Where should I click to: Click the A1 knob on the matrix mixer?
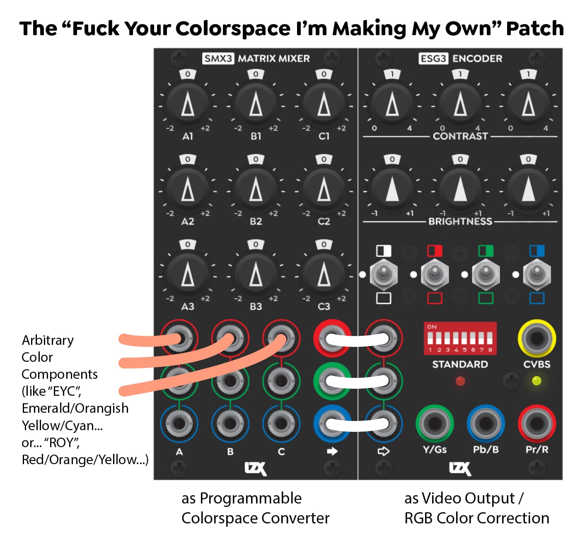pyautogui.click(x=188, y=104)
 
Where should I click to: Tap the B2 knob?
pyautogui.click(x=256, y=189)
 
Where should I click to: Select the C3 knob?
pyautogui.click(x=324, y=275)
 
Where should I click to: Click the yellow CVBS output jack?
pyautogui.click(x=536, y=338)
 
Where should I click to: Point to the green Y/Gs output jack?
pyautogui.click(x=434, y=424)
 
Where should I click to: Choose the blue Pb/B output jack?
pyautogui.click(x=486, y=424)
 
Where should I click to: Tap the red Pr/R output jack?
pyautogui.click(x=536, y=424)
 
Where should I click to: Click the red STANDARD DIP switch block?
pyautogui.click(x=460, y=338)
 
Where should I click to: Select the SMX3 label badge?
pyautogui.click(x=218, y=58)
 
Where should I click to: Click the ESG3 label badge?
pyautogui.click(x=433, y=58)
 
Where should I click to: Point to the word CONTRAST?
pyautogui.click(x=460, y=136)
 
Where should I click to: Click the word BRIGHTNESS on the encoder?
pyautogui.click(x=460, y=221)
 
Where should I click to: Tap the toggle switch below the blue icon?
pyautogui.click(x=536, y=274)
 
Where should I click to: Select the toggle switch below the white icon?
pyautogui.click(x=383, y=274)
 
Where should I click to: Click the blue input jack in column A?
pyautogui.click(x=179, y=424)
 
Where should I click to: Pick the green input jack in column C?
pyautogui.click(x=281, y=381)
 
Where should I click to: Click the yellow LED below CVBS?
pyautogui.click(x=536, y=381)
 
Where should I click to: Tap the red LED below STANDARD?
pyautogui.click(x=460, y=381)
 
